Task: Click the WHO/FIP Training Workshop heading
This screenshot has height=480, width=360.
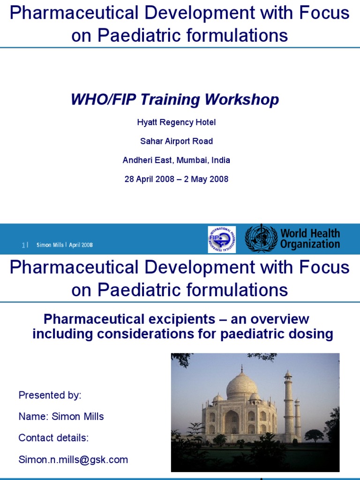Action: point(174,99)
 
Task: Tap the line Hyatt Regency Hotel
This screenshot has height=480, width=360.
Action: point(176,122)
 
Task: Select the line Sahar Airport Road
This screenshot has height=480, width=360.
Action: point(176,141)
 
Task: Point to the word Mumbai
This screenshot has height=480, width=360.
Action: point(193,160)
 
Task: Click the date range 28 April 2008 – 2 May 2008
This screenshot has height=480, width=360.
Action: point(176,179)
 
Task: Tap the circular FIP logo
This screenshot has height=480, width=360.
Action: point(222,239)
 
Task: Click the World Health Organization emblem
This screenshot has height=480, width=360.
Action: point(261,239)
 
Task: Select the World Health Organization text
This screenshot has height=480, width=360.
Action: point(310,239)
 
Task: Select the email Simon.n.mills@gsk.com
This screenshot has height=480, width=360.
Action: point(73,459)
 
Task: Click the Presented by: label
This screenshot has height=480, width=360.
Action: point(50,395)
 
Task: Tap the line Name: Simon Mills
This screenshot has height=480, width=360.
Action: point(60,416)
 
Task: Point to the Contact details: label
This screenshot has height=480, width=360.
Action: point(53,438)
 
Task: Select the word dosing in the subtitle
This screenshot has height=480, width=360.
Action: point(312,334)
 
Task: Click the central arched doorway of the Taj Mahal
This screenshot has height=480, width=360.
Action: point(231,422)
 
